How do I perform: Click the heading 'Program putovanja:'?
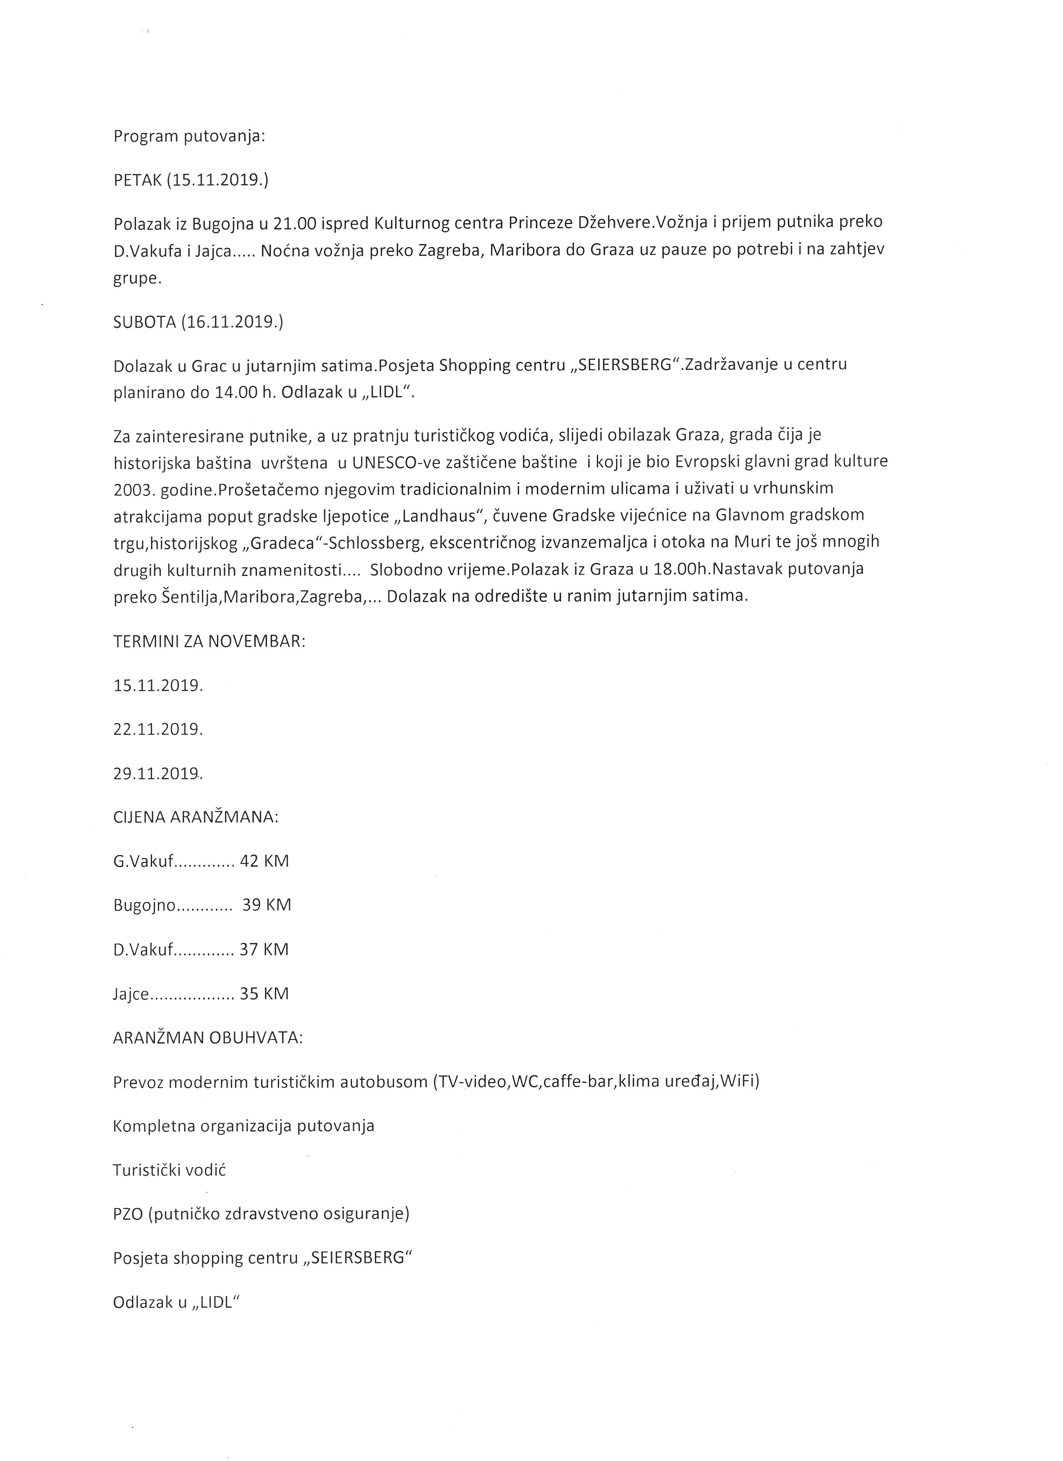(x=190, y=137)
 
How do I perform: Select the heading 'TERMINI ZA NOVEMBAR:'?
(x=210, y=642)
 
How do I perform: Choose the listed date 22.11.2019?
(x=158, y=729)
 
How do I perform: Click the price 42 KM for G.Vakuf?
(x=264, y=861)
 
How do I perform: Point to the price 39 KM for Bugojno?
(x=267, y=905)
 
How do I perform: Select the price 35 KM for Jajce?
(x=264, y=993)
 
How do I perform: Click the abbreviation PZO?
(x=127, y=1214)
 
